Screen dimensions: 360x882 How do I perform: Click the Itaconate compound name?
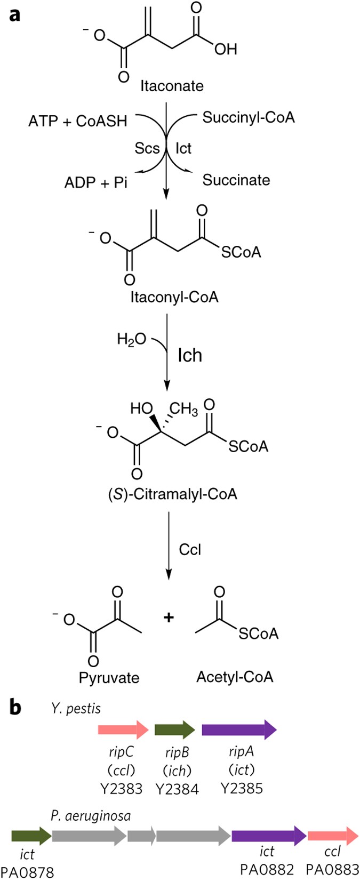[x=172, y=86]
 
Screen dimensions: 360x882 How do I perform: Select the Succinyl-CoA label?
[x=248, y=117]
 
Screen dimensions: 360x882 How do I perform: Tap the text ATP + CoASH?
[x=78, y=121]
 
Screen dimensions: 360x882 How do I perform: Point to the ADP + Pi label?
[x=96, y=182]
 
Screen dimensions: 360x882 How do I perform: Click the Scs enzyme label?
[x=147, y=148]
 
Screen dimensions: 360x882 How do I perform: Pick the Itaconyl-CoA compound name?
[x=174, y=297]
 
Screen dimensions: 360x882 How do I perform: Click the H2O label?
[x=131, y=340]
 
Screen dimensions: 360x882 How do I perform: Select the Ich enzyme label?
[x=190, y=355]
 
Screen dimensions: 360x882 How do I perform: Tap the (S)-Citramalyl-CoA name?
[x=172, y=494]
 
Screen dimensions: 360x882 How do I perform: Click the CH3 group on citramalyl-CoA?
[x=183, y=410]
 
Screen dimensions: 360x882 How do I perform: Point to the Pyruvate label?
[x=109, y=678]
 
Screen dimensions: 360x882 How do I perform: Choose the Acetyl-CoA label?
[x=235, y=677]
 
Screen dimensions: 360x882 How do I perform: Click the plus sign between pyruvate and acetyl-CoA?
[x=169, y=618]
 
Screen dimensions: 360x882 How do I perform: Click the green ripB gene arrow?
[x=175, y=729]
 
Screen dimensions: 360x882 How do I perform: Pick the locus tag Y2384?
[x=177, y=789]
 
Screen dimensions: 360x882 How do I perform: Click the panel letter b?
[x=15, y=707]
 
